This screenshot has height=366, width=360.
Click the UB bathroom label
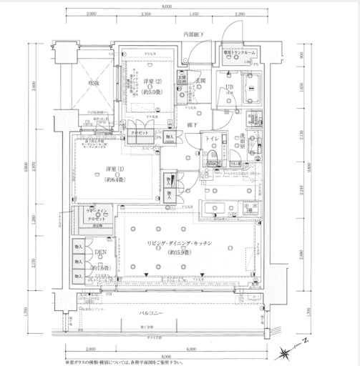229,87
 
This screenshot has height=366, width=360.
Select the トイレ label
212,139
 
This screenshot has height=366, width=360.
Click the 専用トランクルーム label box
238,53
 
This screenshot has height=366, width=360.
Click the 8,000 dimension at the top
166,6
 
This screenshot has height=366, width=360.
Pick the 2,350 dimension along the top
146,14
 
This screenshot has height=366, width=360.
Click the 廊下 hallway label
193,124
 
